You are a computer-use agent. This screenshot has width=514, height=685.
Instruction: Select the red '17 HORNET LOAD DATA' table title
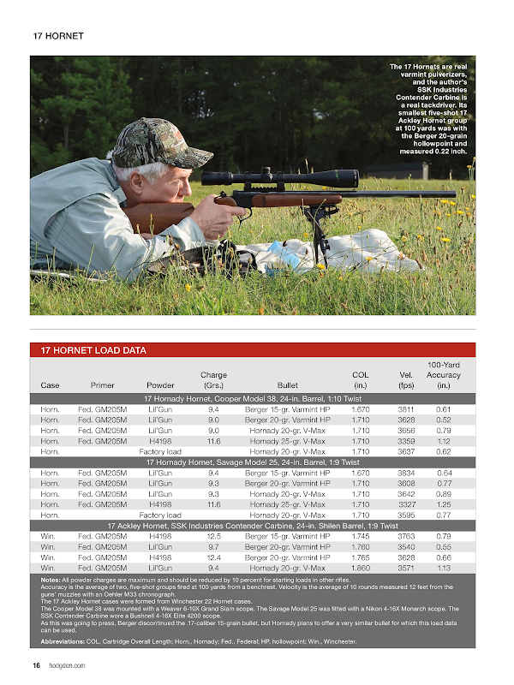point(93,350)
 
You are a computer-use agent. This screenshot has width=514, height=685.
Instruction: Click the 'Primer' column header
point(103,384)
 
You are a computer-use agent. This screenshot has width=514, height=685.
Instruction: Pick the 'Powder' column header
point(160,384)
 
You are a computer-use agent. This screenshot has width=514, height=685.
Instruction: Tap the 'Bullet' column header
point(287,384)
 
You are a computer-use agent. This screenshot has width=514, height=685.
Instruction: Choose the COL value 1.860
point(361,567)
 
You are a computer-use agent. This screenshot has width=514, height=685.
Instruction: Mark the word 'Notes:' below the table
point(50,580)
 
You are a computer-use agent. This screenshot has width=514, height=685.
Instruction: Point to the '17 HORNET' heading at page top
point(57,37)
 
